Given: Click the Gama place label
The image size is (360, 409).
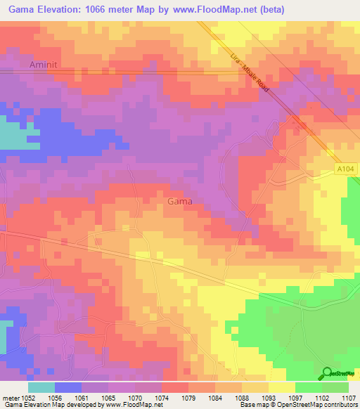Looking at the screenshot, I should click(x=179, y=201).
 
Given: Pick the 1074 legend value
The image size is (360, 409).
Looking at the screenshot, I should click(x=161, y=397).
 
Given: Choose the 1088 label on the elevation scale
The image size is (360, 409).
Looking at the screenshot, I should click(x=241, y=397).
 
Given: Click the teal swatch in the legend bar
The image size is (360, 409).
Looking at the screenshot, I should click(x=41, y=387).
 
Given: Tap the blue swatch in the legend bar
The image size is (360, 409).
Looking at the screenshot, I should click(x=68, y=387).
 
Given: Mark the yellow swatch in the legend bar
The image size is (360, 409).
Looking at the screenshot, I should click(x=282, y=387).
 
